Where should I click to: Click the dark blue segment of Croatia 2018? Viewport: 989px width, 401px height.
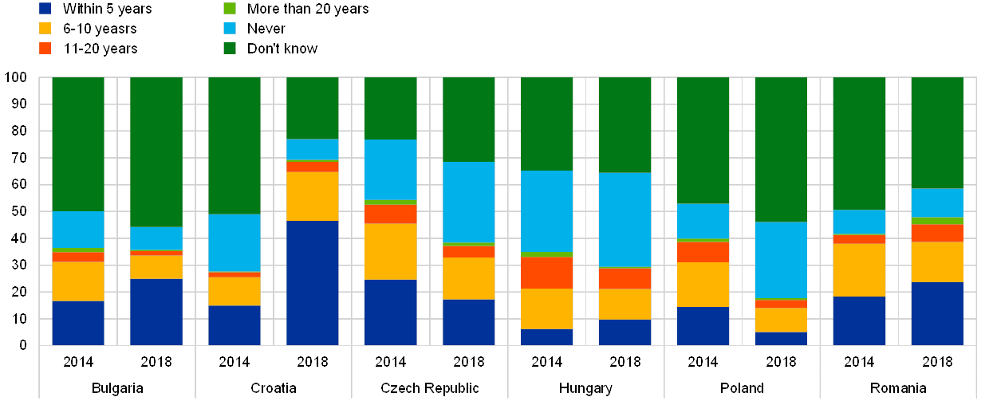312,282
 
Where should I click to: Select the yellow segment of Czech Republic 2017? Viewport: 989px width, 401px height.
390,251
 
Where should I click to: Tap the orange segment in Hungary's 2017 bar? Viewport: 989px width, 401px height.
546,272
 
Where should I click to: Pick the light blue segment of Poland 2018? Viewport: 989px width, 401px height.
780,259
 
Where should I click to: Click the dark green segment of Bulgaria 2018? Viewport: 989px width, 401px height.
156,151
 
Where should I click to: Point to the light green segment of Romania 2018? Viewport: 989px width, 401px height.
936,221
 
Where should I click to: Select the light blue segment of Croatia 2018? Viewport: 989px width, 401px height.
312,149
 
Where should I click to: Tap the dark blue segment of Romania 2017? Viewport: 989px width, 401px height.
858,320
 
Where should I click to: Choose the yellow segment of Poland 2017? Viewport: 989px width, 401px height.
703,284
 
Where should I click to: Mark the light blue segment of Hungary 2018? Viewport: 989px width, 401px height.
625,219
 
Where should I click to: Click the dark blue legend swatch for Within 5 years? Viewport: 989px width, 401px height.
45,9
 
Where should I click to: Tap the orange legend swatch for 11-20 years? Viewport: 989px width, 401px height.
45,49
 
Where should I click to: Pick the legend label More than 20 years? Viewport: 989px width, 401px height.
308,9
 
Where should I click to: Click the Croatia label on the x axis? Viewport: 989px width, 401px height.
273,389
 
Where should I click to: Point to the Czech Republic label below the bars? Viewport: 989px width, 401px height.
429,389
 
